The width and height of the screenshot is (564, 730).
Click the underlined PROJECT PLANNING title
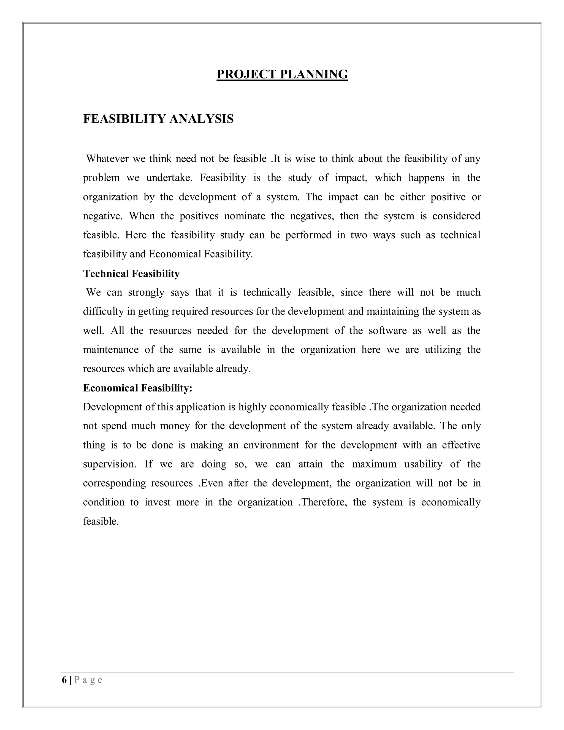tap(282, 74)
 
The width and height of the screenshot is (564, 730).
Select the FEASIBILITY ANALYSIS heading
tap(158, 119)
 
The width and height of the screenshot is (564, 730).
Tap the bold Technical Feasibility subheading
tap(131, 274)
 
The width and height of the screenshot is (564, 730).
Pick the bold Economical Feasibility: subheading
tap(138, 388)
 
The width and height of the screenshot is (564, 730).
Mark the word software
tap(387, 331)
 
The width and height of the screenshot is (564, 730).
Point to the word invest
tap(157, 502)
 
